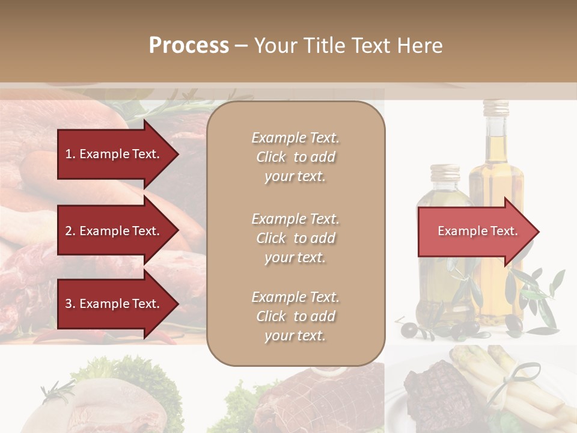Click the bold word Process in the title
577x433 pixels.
point(189,46)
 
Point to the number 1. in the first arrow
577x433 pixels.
point(70,154)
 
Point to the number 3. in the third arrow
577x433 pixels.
point(70,304)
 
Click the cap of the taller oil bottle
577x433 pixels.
point(496,108)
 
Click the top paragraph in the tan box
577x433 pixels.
point(295,157)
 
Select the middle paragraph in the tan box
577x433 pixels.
point(295,238)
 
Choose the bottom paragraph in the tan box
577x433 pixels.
point(295,316)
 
